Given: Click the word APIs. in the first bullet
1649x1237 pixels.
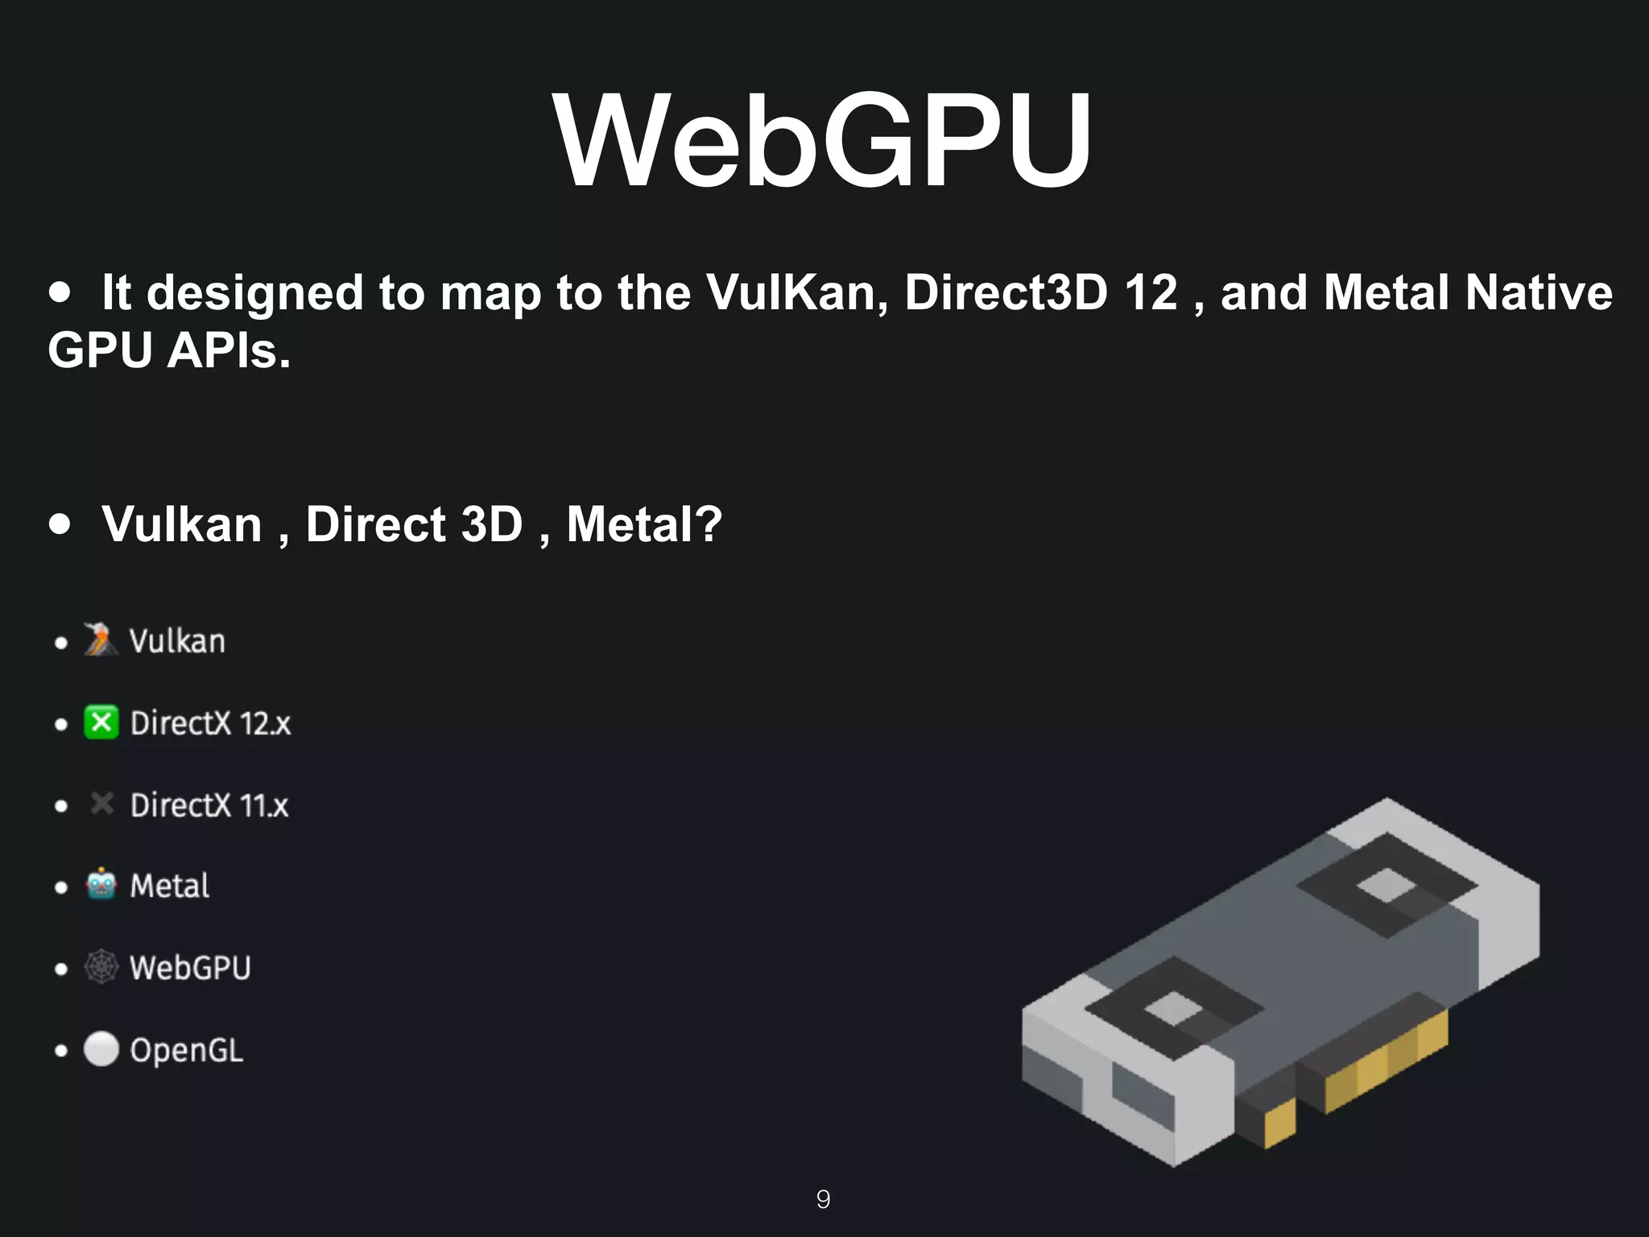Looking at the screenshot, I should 229,351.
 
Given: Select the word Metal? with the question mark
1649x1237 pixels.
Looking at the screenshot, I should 644,524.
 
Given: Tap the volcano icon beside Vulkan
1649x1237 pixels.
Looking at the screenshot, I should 101,640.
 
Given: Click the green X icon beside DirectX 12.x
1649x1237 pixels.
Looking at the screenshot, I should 101,722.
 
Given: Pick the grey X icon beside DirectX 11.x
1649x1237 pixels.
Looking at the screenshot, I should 101,804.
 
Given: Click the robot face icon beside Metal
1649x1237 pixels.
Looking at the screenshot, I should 101,885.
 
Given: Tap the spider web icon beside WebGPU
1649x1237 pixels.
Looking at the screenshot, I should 101,966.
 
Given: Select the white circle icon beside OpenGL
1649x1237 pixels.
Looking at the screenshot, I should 101,1049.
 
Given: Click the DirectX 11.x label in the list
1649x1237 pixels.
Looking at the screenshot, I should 209,805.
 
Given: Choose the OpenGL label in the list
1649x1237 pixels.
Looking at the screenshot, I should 187,1050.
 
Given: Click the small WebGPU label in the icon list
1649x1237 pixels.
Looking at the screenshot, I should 190,968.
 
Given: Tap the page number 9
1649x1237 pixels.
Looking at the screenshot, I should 823,1199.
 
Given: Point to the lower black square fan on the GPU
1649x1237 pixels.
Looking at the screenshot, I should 1173,1008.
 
